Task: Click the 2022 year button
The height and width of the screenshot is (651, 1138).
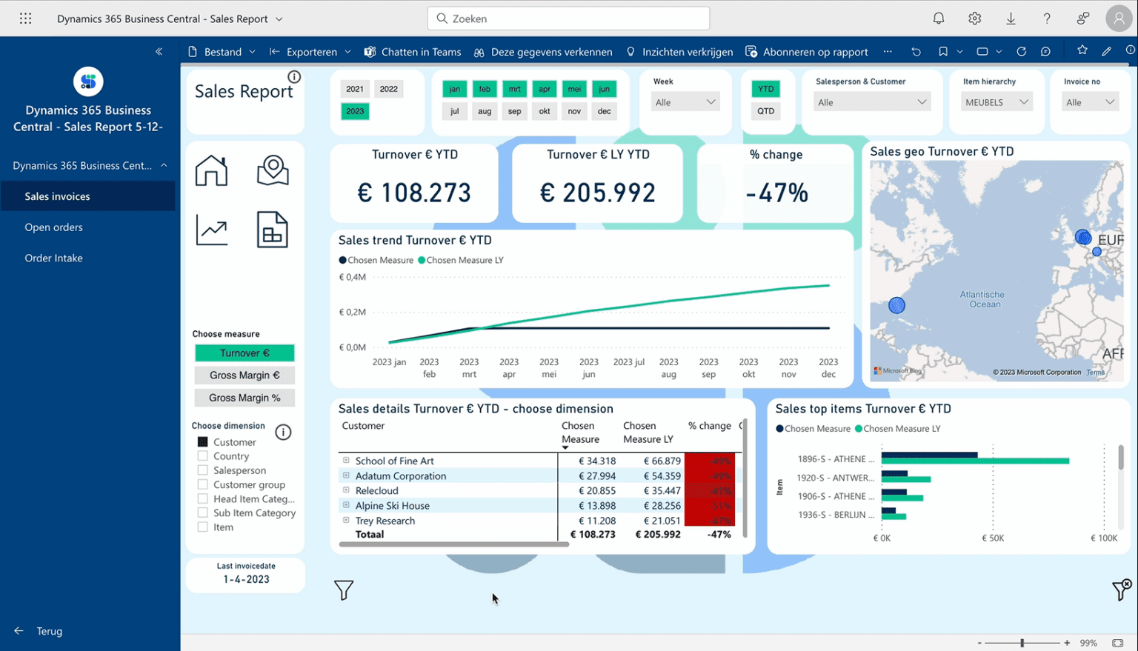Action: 388,89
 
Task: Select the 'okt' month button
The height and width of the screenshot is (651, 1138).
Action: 544,111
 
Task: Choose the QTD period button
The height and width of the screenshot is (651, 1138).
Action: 765,111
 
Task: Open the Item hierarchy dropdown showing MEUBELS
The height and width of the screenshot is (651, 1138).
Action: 996,102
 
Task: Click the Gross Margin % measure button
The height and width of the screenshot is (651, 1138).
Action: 244,398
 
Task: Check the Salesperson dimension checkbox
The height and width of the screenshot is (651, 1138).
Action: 203,470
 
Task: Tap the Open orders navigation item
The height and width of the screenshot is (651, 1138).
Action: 53,227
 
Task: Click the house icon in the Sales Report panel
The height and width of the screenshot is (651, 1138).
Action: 211,170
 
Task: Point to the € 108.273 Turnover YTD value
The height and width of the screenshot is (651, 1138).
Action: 414,193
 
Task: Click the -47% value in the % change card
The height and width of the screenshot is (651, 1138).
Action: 776,193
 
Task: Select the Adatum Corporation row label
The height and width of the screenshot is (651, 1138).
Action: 400,476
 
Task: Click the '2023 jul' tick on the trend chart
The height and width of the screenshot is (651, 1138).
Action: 628,362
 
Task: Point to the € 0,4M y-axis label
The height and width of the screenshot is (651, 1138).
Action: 352,277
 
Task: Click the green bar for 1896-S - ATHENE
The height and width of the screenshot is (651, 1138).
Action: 974,461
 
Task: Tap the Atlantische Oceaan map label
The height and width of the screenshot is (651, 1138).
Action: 982,299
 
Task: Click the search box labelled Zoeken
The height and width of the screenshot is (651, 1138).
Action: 568,19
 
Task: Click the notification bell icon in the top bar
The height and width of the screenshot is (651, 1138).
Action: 939,19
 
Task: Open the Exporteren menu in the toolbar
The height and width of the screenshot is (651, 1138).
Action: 310,52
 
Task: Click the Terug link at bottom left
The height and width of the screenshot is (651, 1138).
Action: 49,631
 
